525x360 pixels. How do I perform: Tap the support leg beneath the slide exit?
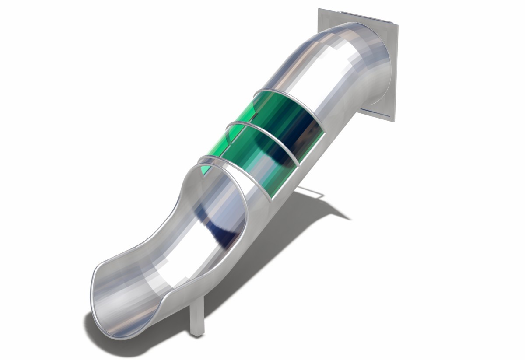click(196, 315)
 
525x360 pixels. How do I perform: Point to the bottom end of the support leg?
click(197, 335)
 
